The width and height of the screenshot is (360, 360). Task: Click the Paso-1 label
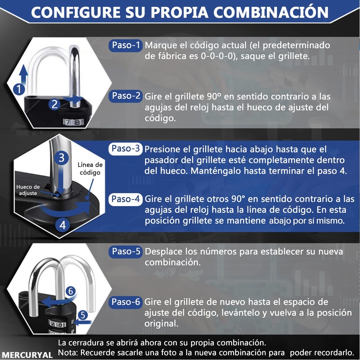(x=126, y=45)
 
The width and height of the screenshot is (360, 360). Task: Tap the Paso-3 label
(x=126, y=149)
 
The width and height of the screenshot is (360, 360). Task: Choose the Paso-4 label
(x=126, y=199)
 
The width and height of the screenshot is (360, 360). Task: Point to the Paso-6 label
(x=126, y=301)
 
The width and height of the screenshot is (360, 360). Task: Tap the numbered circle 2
(x=55, y=104)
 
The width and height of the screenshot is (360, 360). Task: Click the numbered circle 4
(x=63, y=225)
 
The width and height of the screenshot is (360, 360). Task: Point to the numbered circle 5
(x=82, y=315)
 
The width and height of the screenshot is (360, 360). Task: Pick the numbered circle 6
(x=70, y=291)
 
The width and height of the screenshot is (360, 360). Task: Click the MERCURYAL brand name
(x=27, y=354)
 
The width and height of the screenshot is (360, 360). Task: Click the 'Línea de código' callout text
(x=90, y=169)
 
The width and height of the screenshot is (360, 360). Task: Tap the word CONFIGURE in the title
(x=72, y=13)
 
